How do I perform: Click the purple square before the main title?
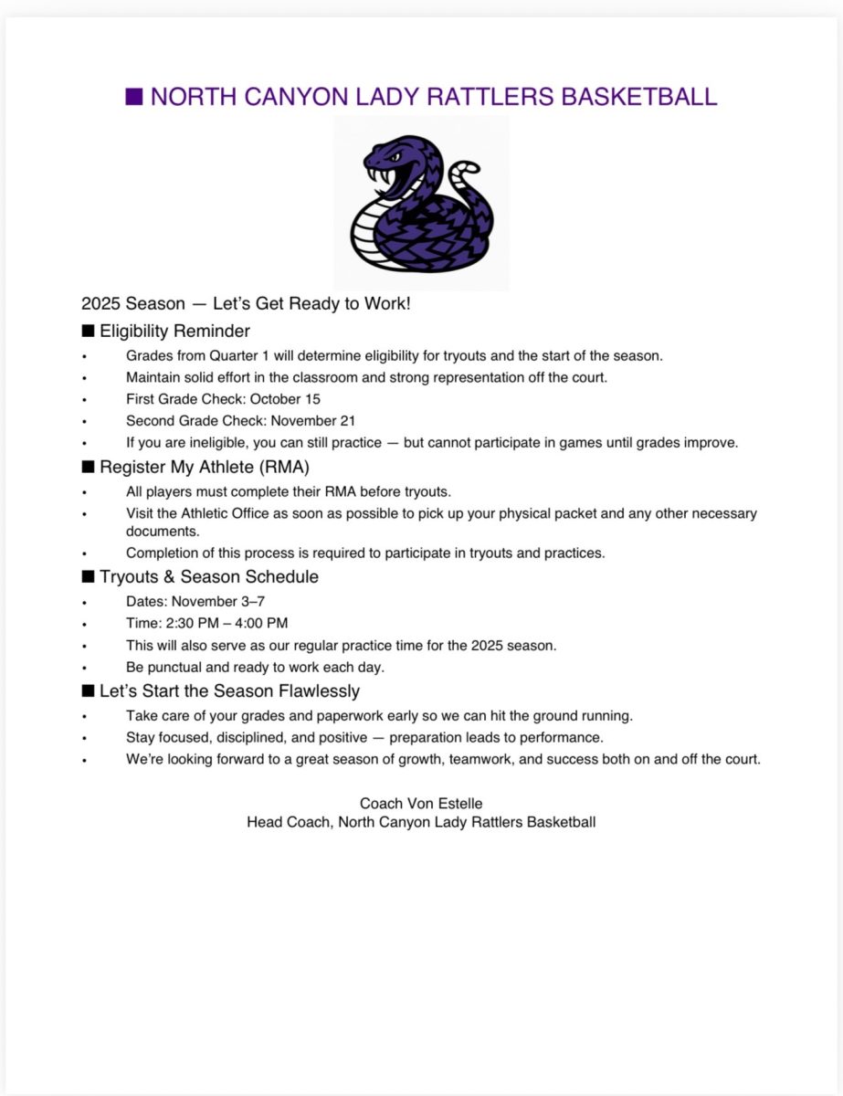[133, 97]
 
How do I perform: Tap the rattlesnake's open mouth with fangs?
[383, 172]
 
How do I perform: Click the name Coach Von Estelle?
[421, 804]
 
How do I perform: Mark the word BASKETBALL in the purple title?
[638, 97]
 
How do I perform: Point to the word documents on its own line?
[160, 530]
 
